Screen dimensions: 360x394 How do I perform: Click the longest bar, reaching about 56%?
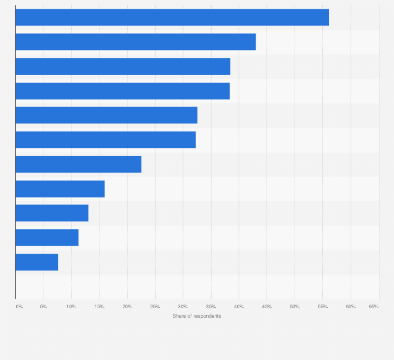point(172,17)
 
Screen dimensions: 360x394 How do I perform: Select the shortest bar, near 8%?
point(37,262)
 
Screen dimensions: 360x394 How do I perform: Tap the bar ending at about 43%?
point(135,42)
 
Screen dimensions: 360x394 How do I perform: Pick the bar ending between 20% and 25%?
point(78,164)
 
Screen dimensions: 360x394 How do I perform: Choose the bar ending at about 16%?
point(60,189)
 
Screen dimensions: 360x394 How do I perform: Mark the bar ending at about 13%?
point(52,213)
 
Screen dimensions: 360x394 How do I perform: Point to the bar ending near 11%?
point(47,237)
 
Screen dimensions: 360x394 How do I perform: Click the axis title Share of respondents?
point(196,316)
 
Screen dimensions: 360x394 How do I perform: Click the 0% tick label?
point(19,306)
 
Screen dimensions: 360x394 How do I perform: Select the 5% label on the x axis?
point(43,306)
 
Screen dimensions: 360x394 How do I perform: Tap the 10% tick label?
point(71,306)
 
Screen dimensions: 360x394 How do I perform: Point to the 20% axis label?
point(127,306)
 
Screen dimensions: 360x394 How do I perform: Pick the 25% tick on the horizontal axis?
point(155,306)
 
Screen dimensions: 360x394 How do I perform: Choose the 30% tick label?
point(183,306)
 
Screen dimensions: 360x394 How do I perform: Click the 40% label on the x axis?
point(239,306)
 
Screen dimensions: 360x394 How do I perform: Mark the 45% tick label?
point(266,306)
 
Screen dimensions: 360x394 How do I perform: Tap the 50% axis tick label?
point(295,306)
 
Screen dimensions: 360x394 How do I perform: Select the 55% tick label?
point(322,306)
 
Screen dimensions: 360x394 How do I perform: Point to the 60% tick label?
point(351,306)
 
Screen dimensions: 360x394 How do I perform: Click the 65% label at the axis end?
point(374,306)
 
